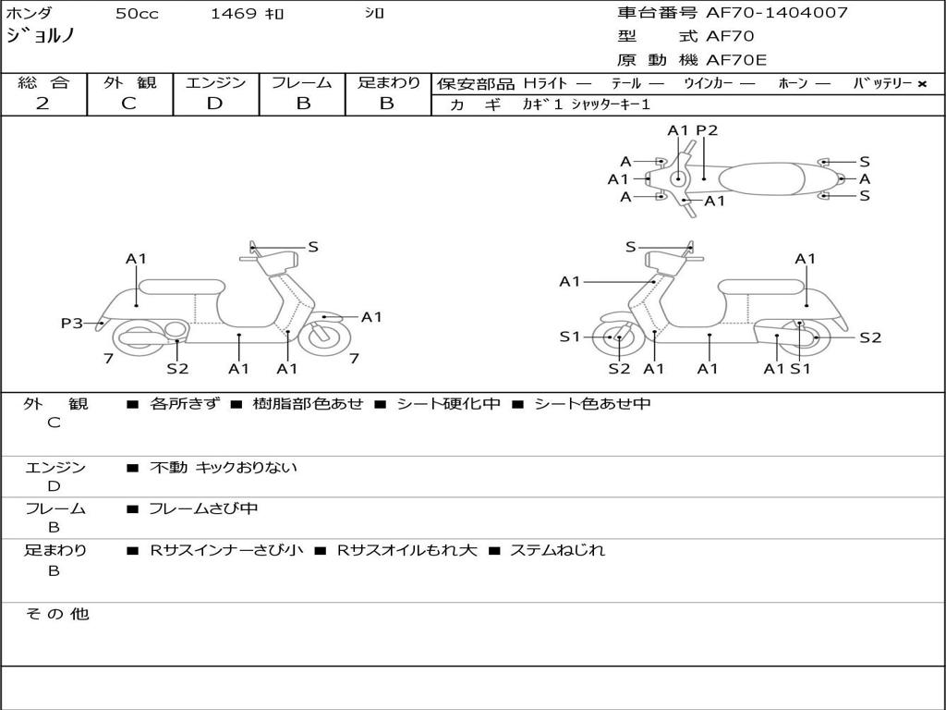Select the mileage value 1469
tap(234, 14)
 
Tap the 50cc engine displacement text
tap(135, 14)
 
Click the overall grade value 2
tap(42, 104)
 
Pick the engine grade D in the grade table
tap(214, 104)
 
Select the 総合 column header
tap(43, 83)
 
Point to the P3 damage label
tap(71, 323)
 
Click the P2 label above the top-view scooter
tap(707, 130)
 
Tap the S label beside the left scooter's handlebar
tap(312, 247)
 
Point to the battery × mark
tap(921, 84)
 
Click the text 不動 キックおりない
tap(224, 468)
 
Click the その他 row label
tap(56, 614)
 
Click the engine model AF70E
tap(736, 61)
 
